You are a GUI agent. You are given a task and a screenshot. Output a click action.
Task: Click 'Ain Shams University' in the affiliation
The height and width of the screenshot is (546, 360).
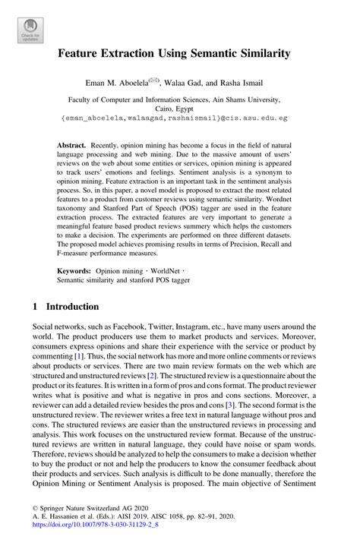click(x=243, y=99)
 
